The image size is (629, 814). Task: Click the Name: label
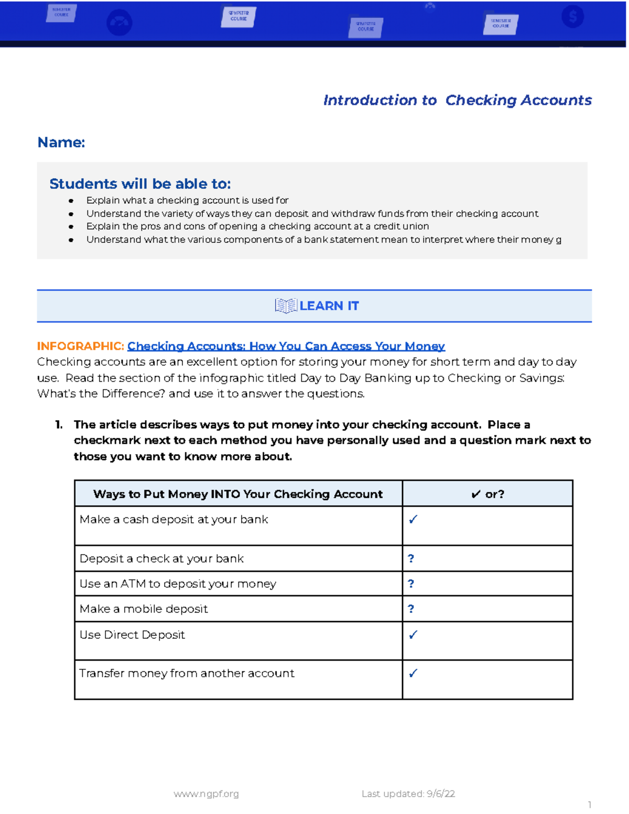pos(61,142)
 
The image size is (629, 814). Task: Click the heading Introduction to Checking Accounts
pos(457,100)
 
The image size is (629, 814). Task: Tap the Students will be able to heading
pos(140,184)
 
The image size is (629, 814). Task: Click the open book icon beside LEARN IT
pos(286,306)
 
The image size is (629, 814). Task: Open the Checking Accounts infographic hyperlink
pos(286,346)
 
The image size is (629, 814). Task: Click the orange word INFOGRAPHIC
pos(80,346)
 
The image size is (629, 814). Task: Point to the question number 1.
pos(59,425)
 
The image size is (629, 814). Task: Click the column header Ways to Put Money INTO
pos(238,494)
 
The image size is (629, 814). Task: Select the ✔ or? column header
pos(487,494)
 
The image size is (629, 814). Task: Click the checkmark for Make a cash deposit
pos(413,519)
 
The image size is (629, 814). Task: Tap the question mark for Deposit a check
pos(411,559)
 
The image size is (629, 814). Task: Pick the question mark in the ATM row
pos(411,584)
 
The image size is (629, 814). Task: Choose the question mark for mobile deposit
pos(411,609)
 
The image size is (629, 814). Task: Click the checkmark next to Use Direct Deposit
pos(413,635)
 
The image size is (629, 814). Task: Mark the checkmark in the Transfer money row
pos(413,673)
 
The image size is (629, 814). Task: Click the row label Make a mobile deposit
pos(144,609)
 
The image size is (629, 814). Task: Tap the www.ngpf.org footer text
pos(206,794)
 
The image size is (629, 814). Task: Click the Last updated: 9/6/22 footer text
pos(408,794)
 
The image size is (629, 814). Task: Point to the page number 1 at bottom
pos(590,805)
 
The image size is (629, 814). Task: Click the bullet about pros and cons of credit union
pos(257,226)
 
